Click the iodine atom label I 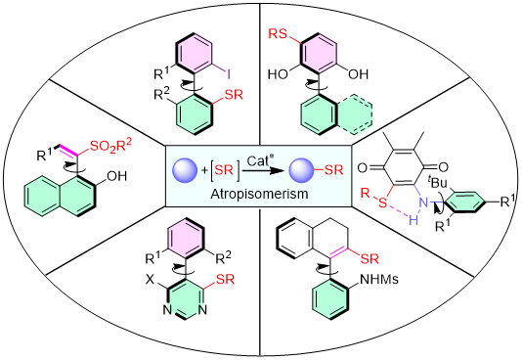[227, 71]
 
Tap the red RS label [279, 35]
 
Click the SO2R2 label [110, 146]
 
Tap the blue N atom [423, 202]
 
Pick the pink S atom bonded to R [383, 202]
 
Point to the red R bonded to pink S [366, 192]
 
